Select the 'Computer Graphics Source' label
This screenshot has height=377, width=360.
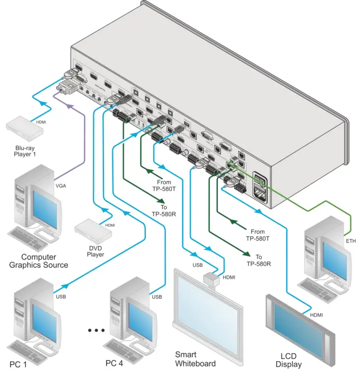point(38,261)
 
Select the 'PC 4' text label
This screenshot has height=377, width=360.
point(117,363)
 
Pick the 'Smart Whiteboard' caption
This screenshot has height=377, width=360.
point(196,359)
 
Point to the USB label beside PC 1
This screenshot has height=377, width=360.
point(60,297)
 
